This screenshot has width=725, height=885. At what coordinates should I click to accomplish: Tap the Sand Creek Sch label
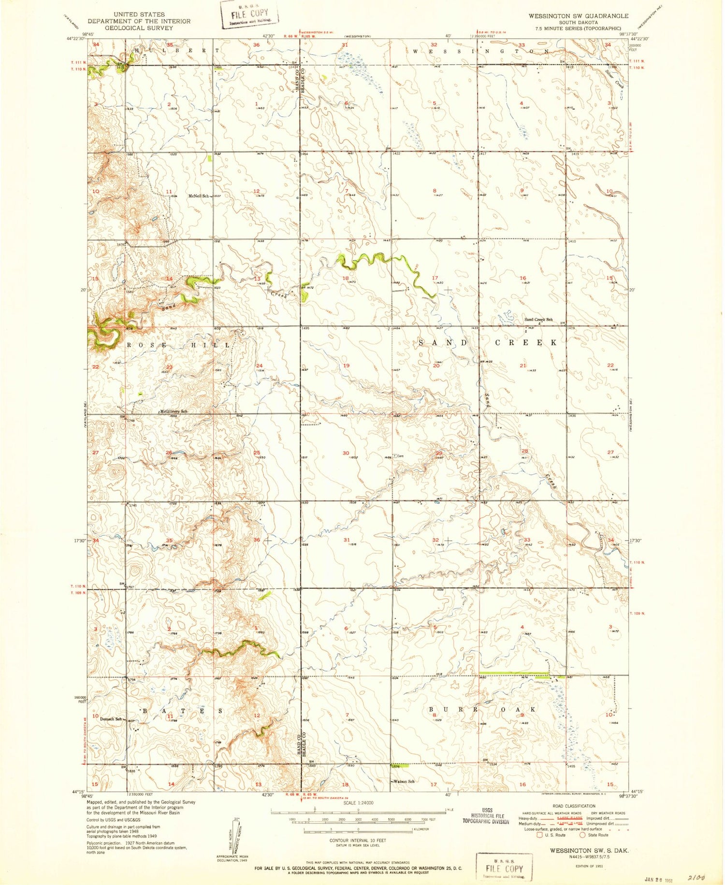click(538, 320)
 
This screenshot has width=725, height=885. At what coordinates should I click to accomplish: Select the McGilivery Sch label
click(174, 411)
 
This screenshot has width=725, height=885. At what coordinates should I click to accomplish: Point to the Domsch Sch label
click(111, 719)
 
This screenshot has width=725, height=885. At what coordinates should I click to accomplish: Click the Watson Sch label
click(404, 781)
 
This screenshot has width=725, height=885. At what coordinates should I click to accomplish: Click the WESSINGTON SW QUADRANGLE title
click(578, 16)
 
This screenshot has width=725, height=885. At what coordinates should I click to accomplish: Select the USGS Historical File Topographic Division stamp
click(486, 816)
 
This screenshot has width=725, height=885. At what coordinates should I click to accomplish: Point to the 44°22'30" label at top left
click(74, 39)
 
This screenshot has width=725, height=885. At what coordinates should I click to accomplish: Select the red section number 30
click(346, 453)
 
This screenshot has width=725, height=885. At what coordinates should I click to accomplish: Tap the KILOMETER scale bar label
click(420, 829)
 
